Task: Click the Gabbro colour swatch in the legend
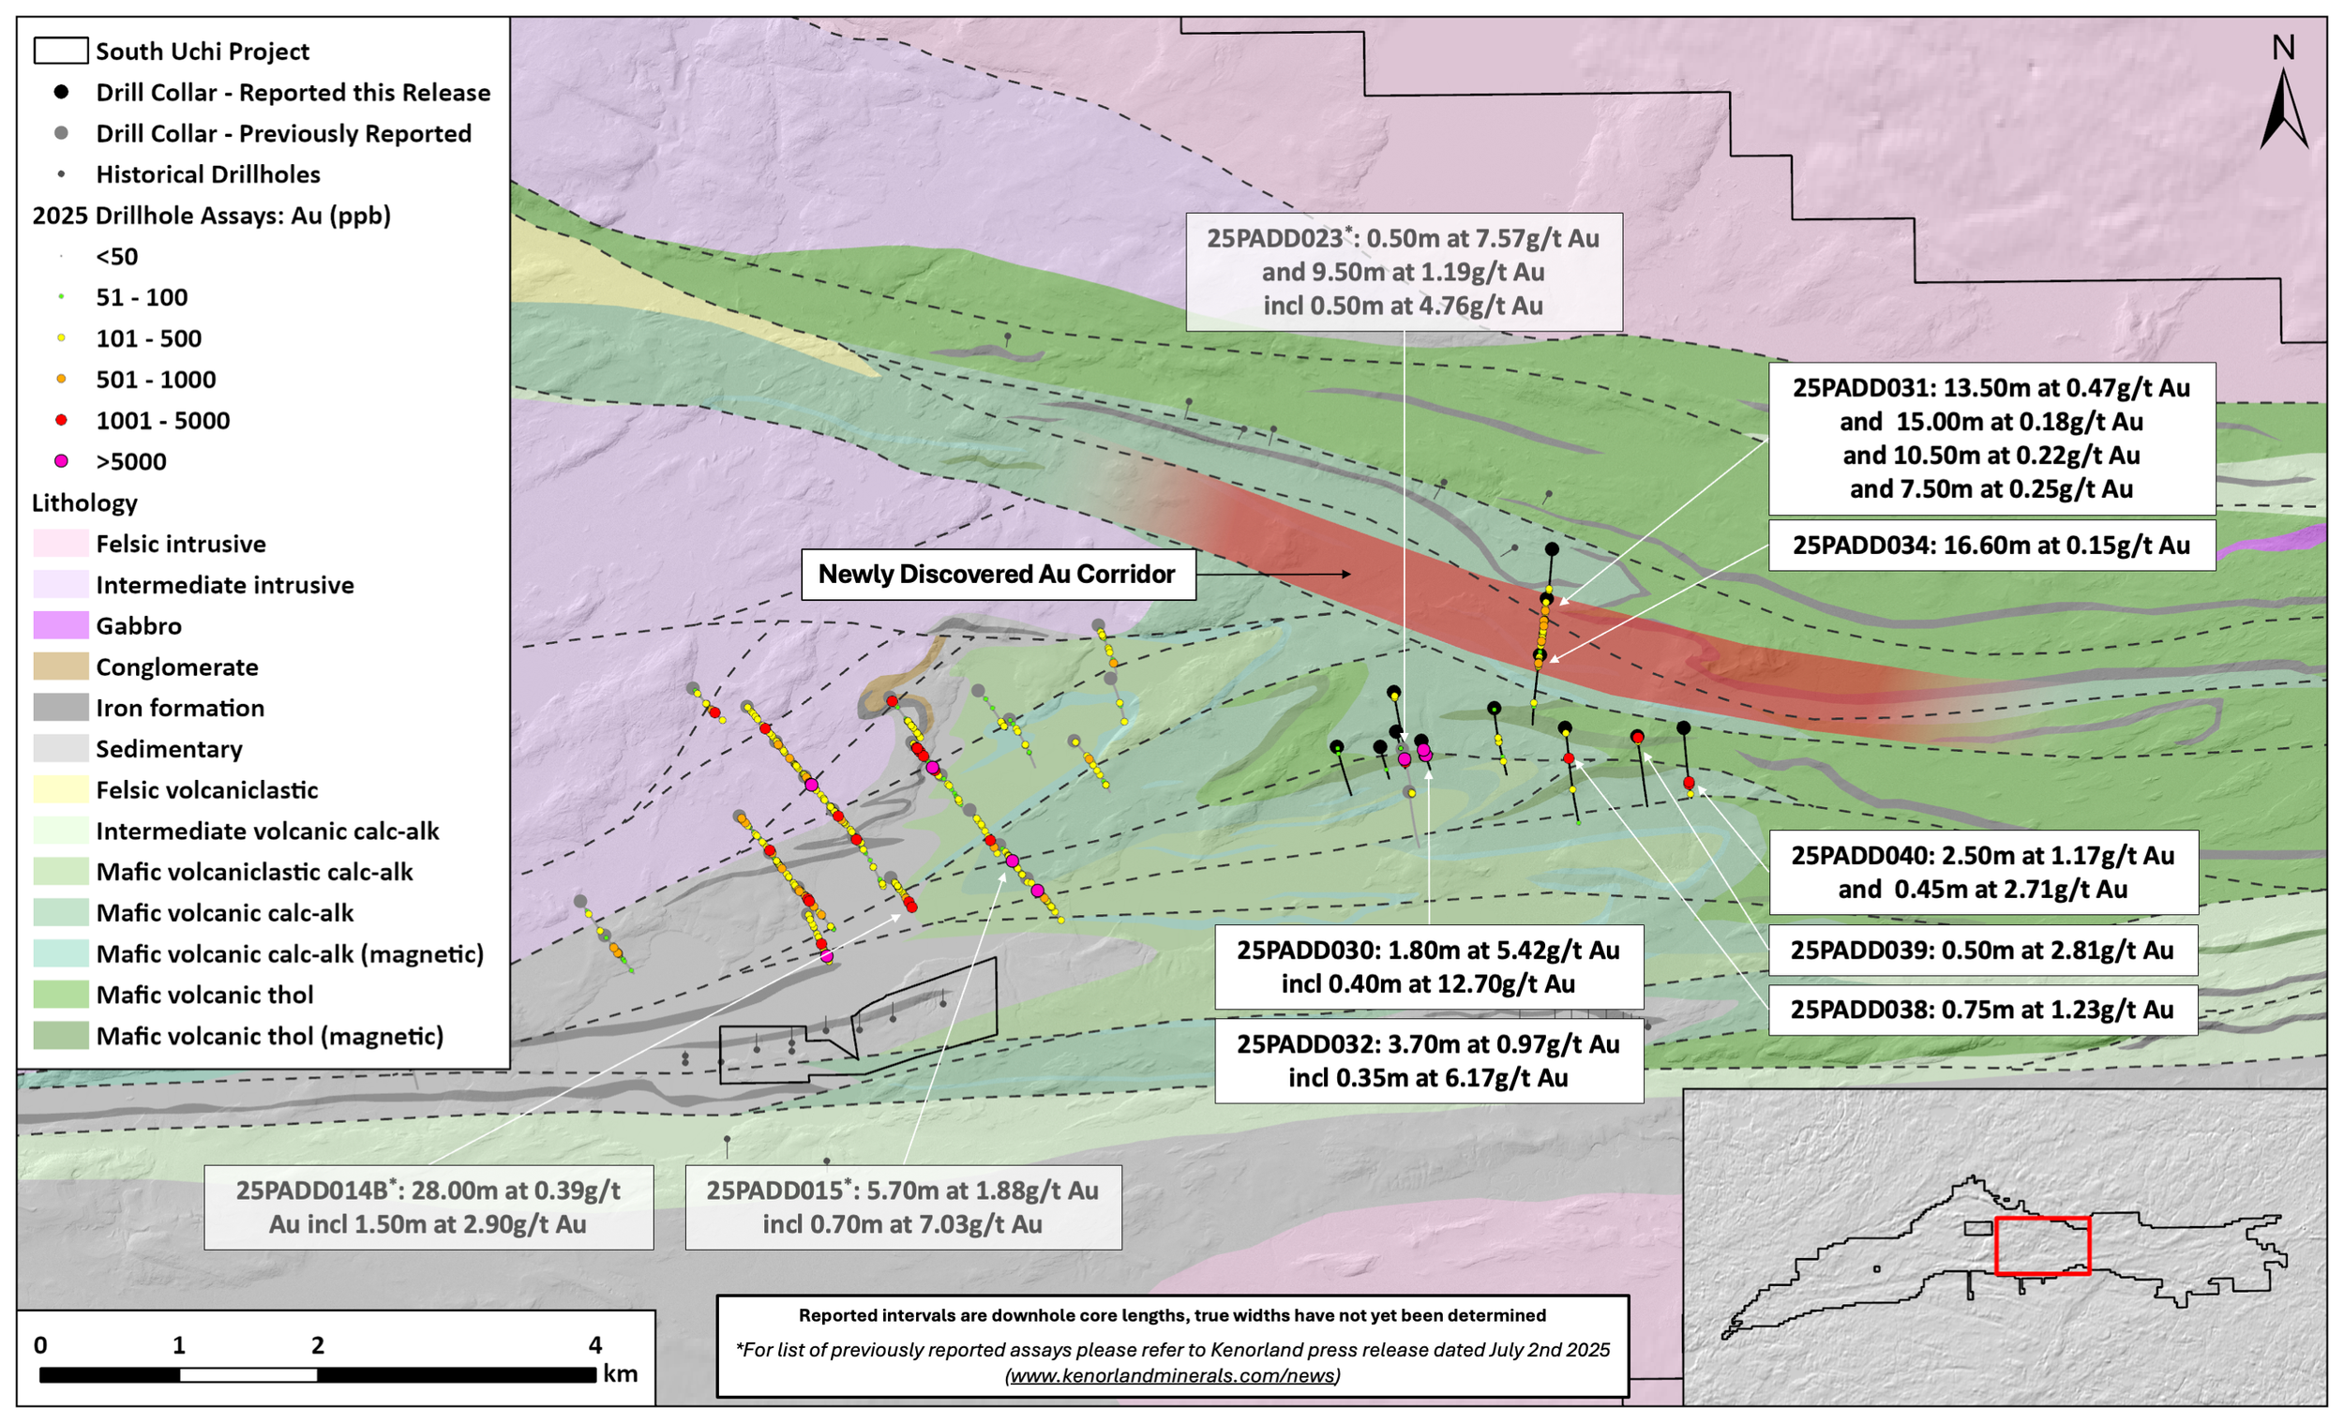[61, 626]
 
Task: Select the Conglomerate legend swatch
[61, 667]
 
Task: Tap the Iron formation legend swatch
[61, 708]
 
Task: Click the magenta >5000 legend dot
[61, 461]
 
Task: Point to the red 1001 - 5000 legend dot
[61, 420]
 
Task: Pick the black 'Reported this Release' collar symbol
[61, 92]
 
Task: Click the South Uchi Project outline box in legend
[61, 51]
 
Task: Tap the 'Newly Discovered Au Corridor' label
[997, 575]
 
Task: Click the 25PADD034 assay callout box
[1991, 545]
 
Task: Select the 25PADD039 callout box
[1981, 951]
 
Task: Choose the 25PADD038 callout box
[1981, 1010]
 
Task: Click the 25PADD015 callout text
[902, 1207]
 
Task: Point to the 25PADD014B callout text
[428, 1207]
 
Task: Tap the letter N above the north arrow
[2283, 48]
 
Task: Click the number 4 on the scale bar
[595, 1345]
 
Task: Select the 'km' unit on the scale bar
[621, 1373]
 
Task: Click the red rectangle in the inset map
[2041, 1245]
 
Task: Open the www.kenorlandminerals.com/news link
[1172, 1375]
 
